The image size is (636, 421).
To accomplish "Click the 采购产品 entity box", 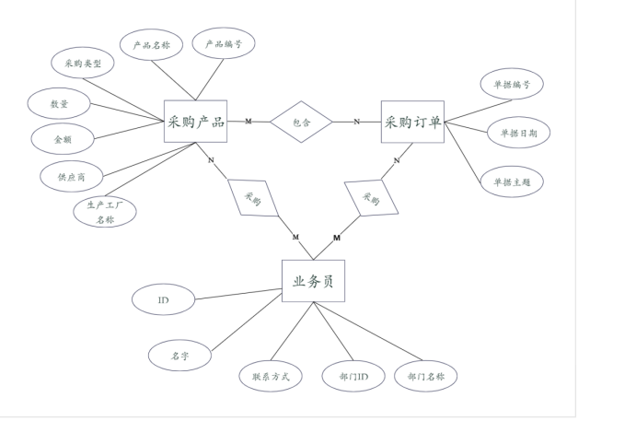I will pyautogui.click(x=195, y=121).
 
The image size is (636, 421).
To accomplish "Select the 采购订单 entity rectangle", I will pyautogui.click(x=412, y=121).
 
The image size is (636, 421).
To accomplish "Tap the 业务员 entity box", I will pyautogui.click(x=313, y=281).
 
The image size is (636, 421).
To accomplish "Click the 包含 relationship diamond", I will pyautogui.click(x=301, y=122).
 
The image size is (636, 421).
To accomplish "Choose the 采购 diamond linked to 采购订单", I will pyautogui.click(x=370, y=197).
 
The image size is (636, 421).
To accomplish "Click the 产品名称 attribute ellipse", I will pyautogui.click(x=151, y=46).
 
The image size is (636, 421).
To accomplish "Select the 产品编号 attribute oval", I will pyautogui.click(x=222, y=44).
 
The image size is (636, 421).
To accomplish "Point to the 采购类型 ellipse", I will pyautogui.click(x=82, y=65).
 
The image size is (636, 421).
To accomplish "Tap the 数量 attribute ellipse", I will pyautogui.click(x=58, y=103).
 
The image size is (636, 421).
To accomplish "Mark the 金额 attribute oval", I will pyautogui.click(x=61, y=138).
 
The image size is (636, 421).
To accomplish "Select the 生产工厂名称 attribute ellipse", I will pyautogui.click(x=105, y=212).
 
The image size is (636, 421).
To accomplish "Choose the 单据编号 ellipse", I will pyautogui.click(x=512, y=85).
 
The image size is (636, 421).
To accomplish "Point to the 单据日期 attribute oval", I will pyautogui.click(x=518, y=133).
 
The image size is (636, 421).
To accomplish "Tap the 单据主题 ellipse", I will pyautogui.click(x=512, y=181).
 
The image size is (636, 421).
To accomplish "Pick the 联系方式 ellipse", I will pyautogui.click(x=271, y=376).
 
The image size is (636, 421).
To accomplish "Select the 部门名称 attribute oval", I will pyautogui.click(x=425, y=376).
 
